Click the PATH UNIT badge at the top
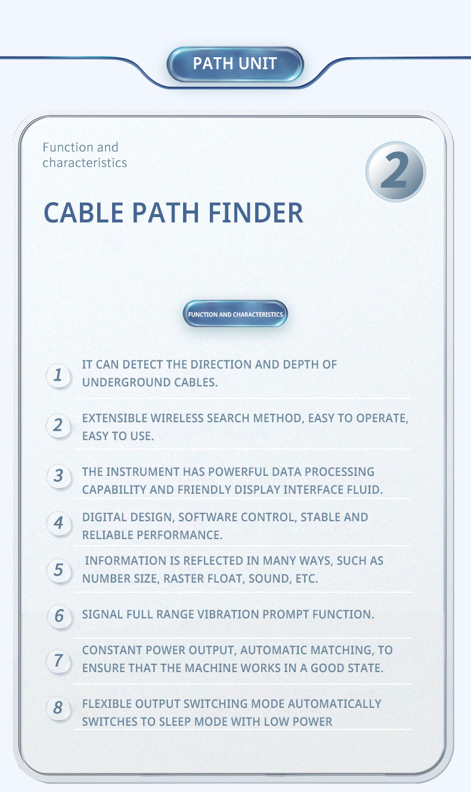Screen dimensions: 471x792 click(235, 64)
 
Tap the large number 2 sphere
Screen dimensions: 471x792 click(395, 172)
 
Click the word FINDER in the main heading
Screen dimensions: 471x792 click(255, 213)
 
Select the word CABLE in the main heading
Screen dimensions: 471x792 click(83, 213)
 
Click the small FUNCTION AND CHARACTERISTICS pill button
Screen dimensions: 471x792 click(235, 314)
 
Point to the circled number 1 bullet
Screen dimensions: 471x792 click(58, 375)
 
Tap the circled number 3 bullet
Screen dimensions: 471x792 click(58, 475)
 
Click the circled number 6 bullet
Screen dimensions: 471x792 click(60, 616)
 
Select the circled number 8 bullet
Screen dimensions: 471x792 click(58, 708)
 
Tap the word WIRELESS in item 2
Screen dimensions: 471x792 click(178, 418)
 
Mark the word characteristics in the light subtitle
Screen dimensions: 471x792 click(85, 163)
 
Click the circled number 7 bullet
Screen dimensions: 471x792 click(58, 661)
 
